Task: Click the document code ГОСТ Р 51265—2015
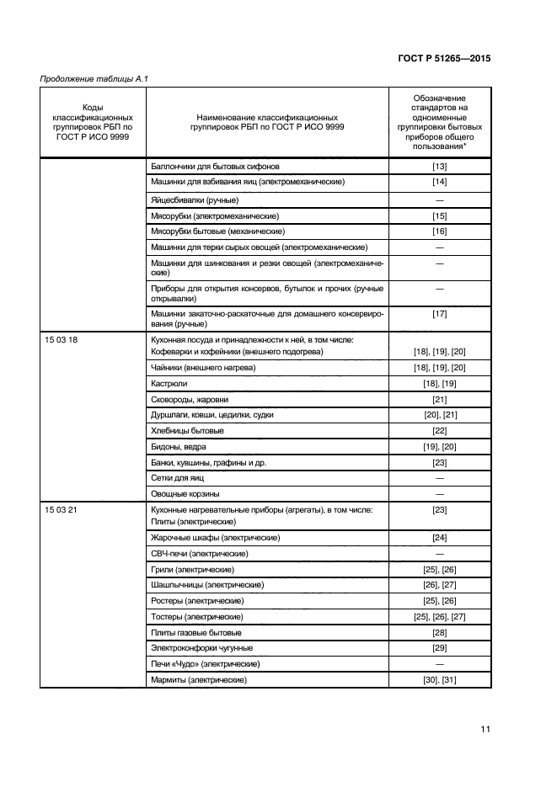click(x=444, y=59)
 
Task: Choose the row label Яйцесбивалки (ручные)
click(x=194, y=199)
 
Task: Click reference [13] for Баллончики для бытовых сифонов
click(x=439, y=166)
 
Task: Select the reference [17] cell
click(x=439, y=314)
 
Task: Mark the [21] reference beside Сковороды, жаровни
click(x=439, y=399)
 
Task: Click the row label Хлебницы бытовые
click(x=187, y=430)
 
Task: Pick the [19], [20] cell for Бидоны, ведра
click(x=439, y=446)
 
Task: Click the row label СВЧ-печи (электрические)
click(x=199, y=554)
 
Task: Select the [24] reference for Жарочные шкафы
click(x=439, y=538)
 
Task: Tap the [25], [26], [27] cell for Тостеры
click(x=439, y=617)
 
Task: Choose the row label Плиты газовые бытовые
click(x=195, y=632)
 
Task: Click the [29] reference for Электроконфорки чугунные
click(x=439, y=648)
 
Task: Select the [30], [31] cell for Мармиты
click(x=439, y=680)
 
